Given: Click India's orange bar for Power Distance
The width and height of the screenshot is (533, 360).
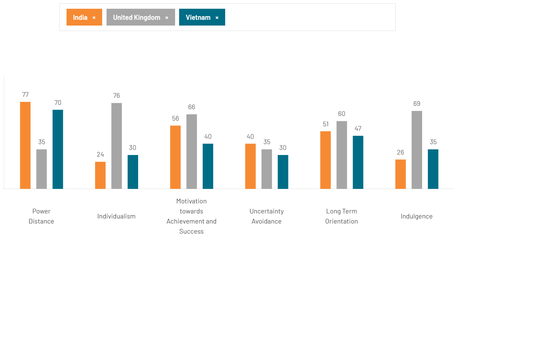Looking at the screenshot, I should click(25, 145).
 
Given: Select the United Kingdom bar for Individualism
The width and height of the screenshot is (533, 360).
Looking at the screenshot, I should click(117, 146).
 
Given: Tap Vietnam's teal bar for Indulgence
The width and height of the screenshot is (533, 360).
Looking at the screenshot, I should click(433, 169).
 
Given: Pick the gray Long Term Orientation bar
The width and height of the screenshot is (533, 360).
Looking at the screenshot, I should click(341, 155).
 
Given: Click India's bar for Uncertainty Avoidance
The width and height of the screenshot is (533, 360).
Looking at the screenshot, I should click(250, 166).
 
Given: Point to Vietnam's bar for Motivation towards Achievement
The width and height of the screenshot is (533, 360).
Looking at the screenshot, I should click(208, 166).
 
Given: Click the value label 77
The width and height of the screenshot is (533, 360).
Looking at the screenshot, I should click(26, 95).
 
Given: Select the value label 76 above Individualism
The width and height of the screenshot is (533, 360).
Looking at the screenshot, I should click(117, 96).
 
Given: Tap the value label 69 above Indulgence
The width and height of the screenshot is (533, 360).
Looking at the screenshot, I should click(417, 104).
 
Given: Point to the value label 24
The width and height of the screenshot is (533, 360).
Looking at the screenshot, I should click(100, 155).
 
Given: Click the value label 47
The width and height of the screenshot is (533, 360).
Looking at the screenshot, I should click(358, 129).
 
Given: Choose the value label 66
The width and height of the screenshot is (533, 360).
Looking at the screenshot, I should click(192, 107).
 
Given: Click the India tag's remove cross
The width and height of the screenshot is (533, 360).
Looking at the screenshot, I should click(94, 18).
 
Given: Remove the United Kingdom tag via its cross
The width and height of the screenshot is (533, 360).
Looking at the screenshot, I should click(167, 18).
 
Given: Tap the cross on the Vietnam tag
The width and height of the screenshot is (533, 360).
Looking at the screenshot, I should click(217, 18).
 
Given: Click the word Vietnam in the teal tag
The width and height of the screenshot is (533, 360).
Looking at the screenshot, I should click(198, 17).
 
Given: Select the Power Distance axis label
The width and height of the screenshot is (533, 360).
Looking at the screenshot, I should click(41, 216).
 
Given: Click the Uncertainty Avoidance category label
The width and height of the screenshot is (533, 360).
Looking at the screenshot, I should click(266, 216).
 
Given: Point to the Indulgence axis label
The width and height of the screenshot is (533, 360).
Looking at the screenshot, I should click(416, 216).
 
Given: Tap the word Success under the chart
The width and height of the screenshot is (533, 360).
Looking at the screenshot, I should click(192, 232).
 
